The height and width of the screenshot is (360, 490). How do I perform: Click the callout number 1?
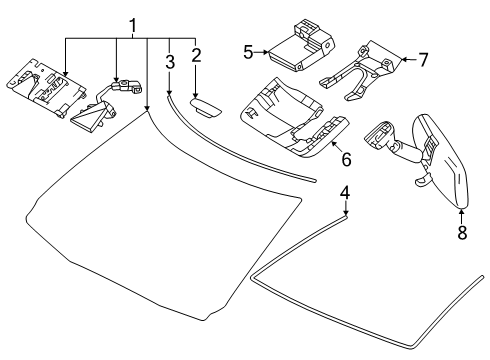point(132,22)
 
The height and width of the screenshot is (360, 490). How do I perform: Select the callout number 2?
point(196,55)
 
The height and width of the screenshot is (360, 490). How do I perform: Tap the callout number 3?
point(170,62)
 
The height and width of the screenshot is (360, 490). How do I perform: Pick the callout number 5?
point(247,50)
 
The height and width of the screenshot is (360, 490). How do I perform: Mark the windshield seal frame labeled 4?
point(370,290)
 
